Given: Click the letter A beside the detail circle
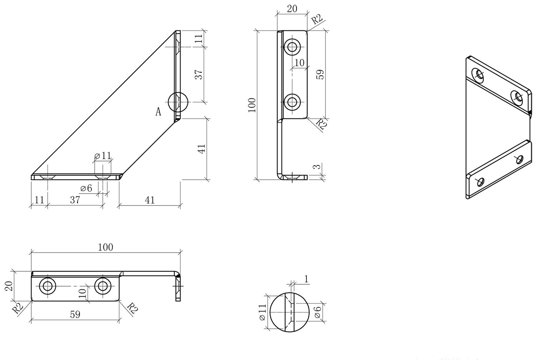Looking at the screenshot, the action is [158, 111].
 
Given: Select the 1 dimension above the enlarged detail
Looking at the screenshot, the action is [306, 279].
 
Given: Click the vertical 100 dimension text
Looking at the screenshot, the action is [252, 105].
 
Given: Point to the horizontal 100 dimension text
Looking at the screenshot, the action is [106, 247].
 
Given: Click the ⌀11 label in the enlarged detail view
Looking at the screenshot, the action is [262, 312].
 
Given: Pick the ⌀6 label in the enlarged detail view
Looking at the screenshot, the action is [318, 312].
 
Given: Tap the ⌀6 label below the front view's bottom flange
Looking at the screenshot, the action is [86, 188].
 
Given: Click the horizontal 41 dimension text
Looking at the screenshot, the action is [150, 200].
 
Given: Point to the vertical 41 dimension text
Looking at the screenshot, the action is [202, 149].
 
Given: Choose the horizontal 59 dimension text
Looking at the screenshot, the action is [75, 314].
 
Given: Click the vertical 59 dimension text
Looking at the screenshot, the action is [320, 74].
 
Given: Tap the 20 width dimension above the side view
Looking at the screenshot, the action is [292, 9].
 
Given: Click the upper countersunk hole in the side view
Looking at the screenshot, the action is [292, 47].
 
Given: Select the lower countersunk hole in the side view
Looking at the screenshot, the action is [292, 102].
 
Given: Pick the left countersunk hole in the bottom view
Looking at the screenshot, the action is [47, 286].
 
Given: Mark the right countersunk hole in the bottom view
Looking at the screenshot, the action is [103, 286].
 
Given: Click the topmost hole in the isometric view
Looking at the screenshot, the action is [478, 75].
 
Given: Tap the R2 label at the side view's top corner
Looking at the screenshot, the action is [317, 19].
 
